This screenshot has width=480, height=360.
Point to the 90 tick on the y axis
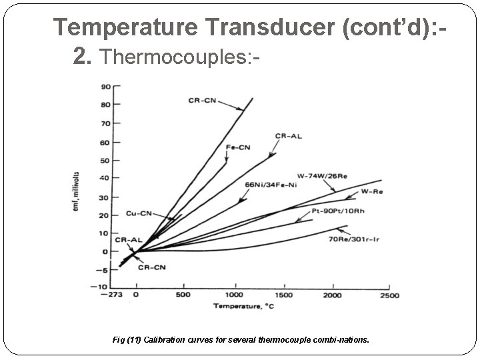point(105,87)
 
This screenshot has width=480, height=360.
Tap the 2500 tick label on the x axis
point(389,295)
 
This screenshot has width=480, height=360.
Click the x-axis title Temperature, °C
point(245,307)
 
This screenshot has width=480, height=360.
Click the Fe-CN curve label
point(239,147)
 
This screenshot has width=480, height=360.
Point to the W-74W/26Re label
point(322,176)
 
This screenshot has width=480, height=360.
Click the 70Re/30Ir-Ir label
point(355,239)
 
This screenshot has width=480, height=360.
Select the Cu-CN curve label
point(139,214)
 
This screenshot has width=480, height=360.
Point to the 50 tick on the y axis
point(105,160)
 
